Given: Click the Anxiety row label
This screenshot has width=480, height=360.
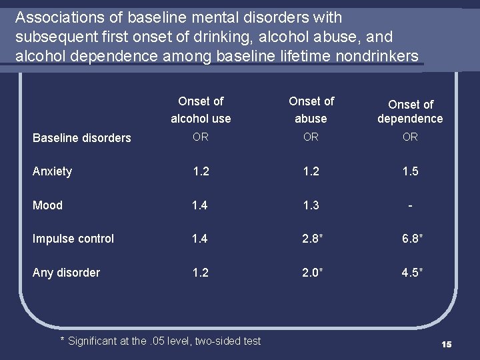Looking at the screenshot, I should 52,171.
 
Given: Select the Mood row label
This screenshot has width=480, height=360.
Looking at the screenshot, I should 47,205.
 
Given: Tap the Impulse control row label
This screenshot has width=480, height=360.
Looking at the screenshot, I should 73,239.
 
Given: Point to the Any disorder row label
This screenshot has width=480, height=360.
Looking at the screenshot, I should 66,273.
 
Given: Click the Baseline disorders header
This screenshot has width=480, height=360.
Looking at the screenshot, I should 82,138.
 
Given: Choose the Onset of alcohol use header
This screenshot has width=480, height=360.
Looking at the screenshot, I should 201,110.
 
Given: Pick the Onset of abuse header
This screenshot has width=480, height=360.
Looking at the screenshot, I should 311,110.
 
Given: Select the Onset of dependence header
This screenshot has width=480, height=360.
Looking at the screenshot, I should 410,111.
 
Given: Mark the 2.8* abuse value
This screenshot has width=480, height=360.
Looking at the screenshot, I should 311,239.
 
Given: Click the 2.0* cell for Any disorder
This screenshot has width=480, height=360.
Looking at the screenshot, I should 311,273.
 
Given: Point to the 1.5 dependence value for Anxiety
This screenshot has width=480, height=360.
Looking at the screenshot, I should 410,171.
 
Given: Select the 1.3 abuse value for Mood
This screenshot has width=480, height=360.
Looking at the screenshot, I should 311,205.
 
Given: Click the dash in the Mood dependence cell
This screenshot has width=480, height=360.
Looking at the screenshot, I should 410,205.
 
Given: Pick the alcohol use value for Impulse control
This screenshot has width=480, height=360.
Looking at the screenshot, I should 200,239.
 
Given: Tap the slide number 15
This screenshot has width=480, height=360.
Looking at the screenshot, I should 446,344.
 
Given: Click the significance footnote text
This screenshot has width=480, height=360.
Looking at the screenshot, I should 161,341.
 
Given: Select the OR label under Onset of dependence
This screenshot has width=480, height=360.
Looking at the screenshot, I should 410,137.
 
